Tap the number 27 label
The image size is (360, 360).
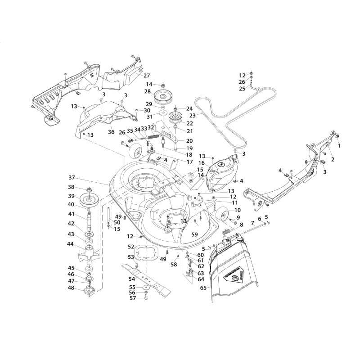point(147,76)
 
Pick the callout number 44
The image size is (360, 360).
point(70,244)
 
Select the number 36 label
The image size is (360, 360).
point(111,132)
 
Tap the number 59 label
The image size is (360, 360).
point(194,234)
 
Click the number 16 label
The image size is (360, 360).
point(202,162)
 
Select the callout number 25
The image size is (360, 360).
point(242,89)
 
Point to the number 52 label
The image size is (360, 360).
point(131,247)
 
